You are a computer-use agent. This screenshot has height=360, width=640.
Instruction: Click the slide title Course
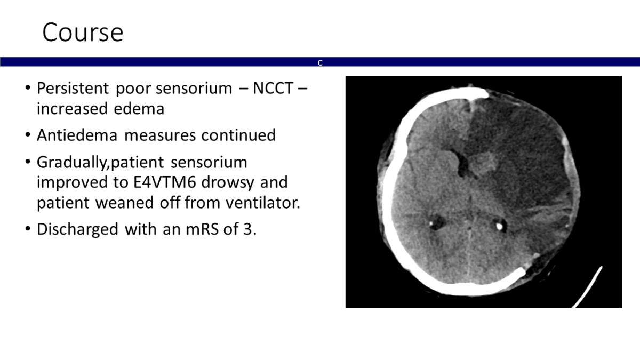pos(83,33)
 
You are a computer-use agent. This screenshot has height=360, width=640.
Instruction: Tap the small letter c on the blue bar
pos(320,62)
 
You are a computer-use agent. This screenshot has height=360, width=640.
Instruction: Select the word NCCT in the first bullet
pos(273,88)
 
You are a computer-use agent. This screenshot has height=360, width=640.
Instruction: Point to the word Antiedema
pos(77,135)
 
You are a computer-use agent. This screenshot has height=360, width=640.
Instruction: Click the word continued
pos(238,135)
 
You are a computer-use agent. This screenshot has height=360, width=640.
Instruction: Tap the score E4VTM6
pos(165,182)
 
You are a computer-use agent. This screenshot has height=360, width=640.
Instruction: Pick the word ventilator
pos(263,203)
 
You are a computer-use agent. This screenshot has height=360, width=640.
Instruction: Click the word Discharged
pos(77,229)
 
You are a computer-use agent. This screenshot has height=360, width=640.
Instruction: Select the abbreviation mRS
pos(202,229)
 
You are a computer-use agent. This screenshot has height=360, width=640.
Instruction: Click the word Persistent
pos(73,88)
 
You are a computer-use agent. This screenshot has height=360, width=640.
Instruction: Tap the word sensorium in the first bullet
pos(194,88)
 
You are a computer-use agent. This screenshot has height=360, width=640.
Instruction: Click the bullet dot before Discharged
pos(28,229)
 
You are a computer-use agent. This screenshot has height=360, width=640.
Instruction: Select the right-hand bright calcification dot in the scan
pos(499,226)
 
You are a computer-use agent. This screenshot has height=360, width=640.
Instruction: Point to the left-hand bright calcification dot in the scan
pos(430,223)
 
